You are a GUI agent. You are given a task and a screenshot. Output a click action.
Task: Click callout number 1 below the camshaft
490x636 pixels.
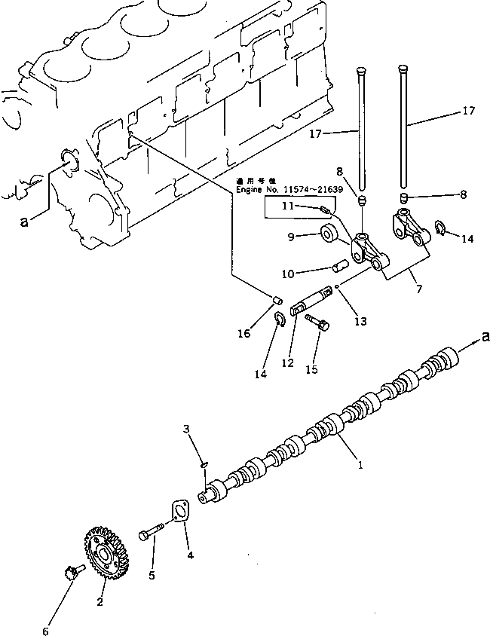pos(360,466)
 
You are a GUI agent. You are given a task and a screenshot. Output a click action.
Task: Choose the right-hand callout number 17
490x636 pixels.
pos(468,111)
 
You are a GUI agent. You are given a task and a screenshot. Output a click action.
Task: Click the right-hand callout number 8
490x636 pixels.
pos(463,194)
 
